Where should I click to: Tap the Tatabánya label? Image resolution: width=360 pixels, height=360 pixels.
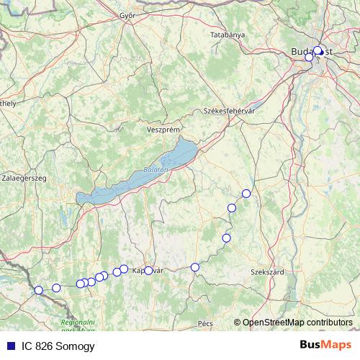[x=228, y=35]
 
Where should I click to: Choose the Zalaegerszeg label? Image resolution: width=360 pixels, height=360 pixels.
[x=24, y=176]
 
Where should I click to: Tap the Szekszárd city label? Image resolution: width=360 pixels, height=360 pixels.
[x=266, y=272]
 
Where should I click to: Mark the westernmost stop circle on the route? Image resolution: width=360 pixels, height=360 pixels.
[x=39, y=290]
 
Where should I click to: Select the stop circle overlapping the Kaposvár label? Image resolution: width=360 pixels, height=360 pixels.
[x=148, y=271]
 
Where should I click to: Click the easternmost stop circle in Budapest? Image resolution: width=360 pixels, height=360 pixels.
[x=318, y=51]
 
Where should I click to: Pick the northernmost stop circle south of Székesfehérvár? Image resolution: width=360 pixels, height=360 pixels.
[x=246, y=193]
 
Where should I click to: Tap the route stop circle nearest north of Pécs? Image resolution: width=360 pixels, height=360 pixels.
[x=195, y=267]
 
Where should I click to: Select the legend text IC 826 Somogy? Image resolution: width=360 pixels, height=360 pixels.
[x=58, y=346]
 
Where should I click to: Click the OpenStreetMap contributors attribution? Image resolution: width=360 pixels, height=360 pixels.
[x=297, y=323]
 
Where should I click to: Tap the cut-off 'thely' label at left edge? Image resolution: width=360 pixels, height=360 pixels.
[x=8, y=104]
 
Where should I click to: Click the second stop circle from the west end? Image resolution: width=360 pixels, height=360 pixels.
[x=56, y=288]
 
